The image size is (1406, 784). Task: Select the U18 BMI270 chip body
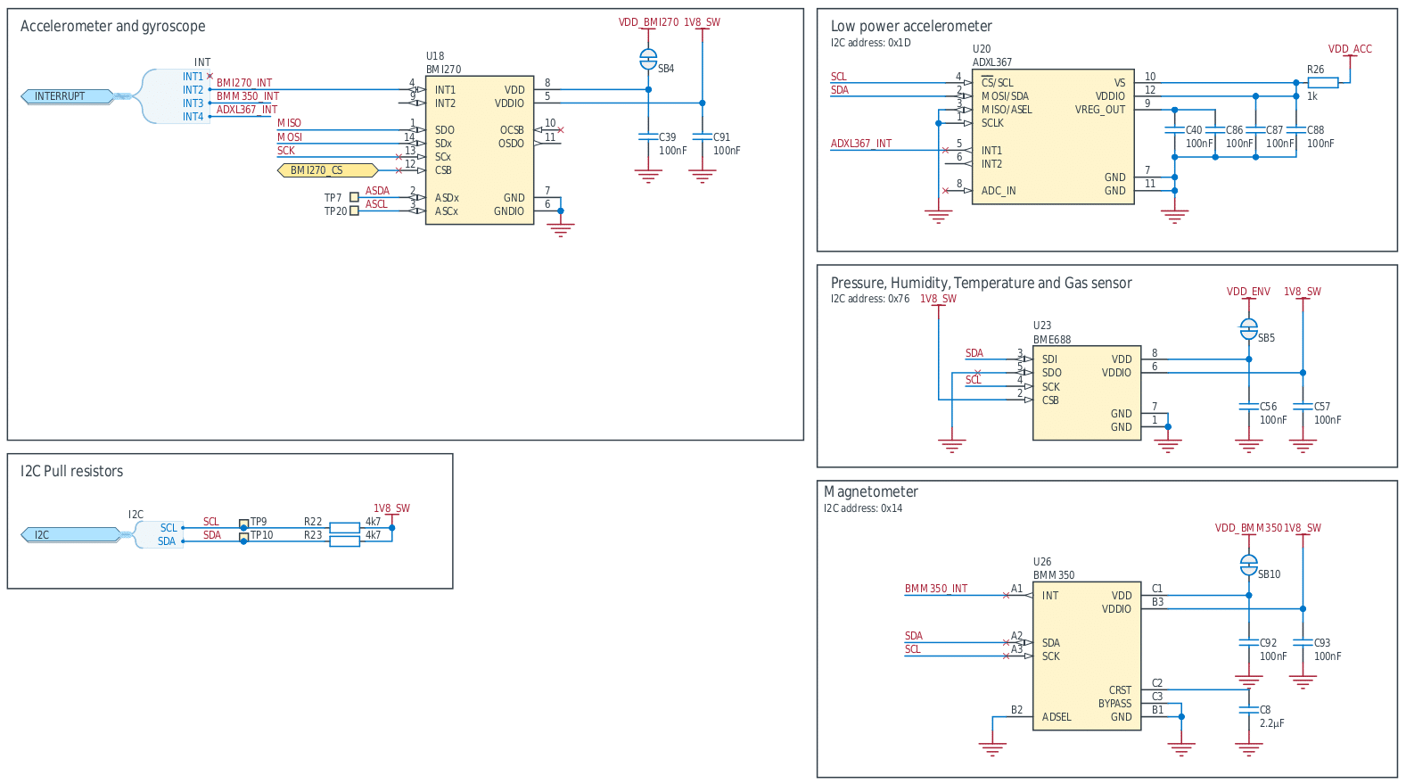coord(479,150)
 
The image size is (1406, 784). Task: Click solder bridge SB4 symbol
coord(648,60)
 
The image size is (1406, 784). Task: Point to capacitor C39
coord(648,137)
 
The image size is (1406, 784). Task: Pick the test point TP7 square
coord(354,197)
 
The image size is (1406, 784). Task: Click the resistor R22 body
coord(344,528)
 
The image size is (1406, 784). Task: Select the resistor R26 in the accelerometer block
coord(1323,83)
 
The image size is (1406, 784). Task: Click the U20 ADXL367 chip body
coord(1052,136)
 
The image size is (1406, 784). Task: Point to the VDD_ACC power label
coord(1350,49)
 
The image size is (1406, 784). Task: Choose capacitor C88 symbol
coord(1296,130)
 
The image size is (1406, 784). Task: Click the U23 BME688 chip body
coord(1086,392)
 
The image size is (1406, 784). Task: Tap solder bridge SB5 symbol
coord(1249,329)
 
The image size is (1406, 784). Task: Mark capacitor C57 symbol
coord(1303,407)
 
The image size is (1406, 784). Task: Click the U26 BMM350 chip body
coord(1086,656)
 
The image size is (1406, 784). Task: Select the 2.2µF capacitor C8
coord(1249,710)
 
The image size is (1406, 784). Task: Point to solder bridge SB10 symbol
coord(1249,565)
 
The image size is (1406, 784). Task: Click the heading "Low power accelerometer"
coord(910,27)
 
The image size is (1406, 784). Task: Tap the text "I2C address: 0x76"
coord(869,299)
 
